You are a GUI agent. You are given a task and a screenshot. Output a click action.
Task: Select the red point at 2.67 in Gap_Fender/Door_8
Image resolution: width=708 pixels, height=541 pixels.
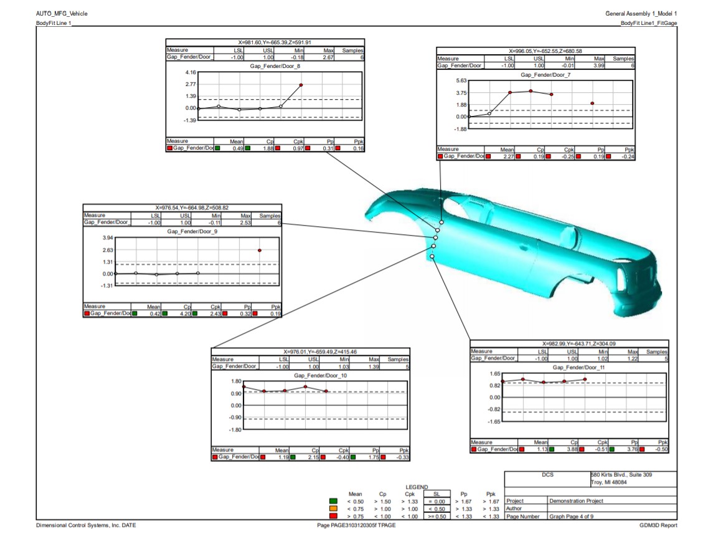(301, 85)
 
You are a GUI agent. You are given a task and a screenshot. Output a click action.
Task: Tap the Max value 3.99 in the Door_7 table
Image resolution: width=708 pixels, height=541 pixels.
(598, 65)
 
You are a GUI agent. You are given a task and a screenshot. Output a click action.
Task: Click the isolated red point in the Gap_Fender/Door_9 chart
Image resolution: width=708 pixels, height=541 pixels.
(260, 250)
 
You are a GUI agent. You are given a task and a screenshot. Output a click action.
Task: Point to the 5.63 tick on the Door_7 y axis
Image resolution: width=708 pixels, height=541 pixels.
(461, 81)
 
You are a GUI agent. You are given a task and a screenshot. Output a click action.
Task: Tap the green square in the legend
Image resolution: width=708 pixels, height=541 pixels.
(334, 500)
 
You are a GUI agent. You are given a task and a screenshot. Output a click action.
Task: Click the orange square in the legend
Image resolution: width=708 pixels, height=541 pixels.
(334, 508)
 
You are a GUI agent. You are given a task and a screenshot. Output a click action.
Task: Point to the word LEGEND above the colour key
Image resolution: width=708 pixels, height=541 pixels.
(418, 486)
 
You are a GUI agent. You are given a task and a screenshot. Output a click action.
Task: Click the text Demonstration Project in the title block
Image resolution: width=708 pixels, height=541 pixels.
(576, 500)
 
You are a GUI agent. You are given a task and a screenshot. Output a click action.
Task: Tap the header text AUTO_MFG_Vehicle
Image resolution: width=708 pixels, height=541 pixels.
(62, 13)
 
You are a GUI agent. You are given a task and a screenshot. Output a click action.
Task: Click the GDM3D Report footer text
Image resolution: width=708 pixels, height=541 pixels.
(658, 525)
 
